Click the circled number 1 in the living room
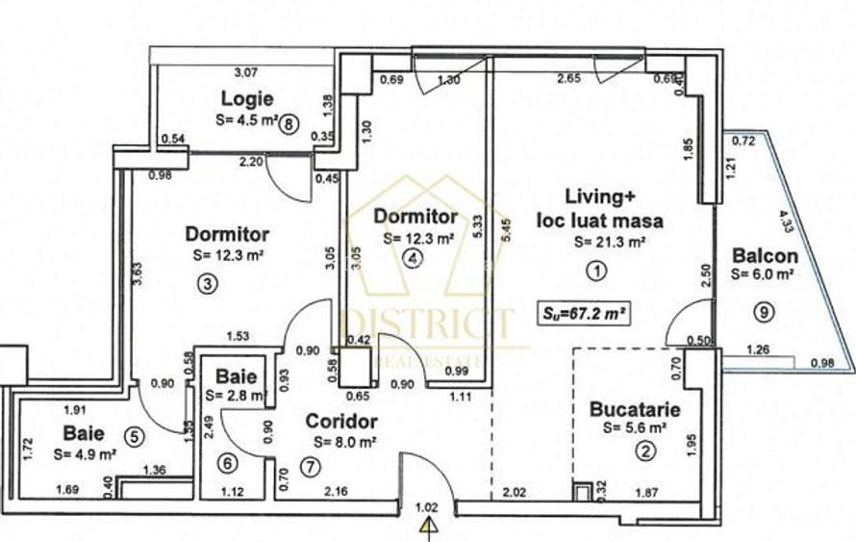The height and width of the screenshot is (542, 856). tap(596, 271)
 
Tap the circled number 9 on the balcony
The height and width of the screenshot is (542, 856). tap(762, 311)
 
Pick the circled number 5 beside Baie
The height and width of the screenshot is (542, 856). tap(134, 436)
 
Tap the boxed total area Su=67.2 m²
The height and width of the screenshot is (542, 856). tap(584, 312)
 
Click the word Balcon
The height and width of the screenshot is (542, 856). tap(764, 256)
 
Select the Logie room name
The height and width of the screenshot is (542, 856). tap(247, 98)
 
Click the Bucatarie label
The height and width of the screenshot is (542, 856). tap(635, 410)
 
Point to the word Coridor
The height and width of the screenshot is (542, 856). tap(341, 422)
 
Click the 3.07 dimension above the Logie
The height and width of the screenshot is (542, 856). tap(248, 71)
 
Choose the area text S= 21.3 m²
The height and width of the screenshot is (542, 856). tap(608, 243)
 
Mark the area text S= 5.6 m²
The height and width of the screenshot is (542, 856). tap(635, 427)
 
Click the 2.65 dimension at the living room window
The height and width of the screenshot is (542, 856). tap(569, 79)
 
